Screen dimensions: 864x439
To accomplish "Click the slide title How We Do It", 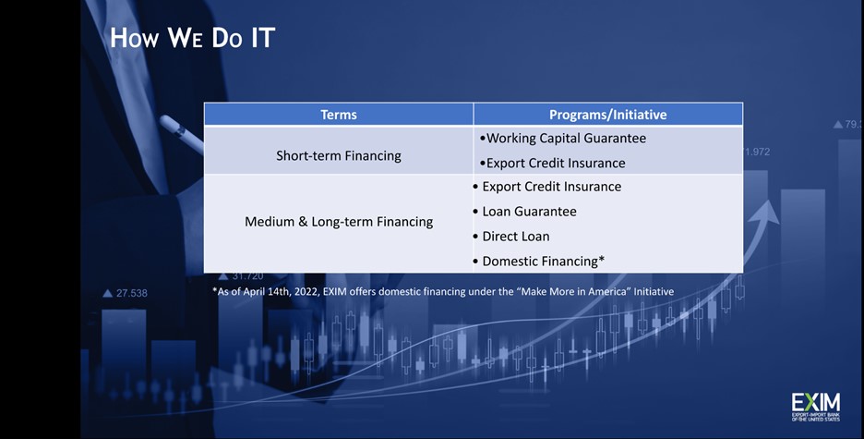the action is tap(192, 38).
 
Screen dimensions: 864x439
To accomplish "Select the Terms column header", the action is tap(339, 115).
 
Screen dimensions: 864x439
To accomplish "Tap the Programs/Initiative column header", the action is tap(607, 115).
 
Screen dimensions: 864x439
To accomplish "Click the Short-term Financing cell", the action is tap(339, 156).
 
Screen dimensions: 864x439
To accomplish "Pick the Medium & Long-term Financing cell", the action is tap(339, 222).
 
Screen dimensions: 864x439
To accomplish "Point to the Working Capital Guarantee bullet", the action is tap(562, 139).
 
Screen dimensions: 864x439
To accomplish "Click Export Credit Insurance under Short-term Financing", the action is tap(553, 164).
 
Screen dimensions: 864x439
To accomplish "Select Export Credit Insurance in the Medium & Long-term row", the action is tap(547, 187).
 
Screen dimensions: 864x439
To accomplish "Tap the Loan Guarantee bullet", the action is tap(524, 212).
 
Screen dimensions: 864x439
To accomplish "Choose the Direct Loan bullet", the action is tap(511, 237).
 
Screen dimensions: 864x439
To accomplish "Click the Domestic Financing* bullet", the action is tap(539, 262).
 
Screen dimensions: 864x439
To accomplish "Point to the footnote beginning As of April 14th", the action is tap(443, 291).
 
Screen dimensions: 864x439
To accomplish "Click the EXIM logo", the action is tap(815, 407).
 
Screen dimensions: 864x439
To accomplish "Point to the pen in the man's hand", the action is tap(182, 134).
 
